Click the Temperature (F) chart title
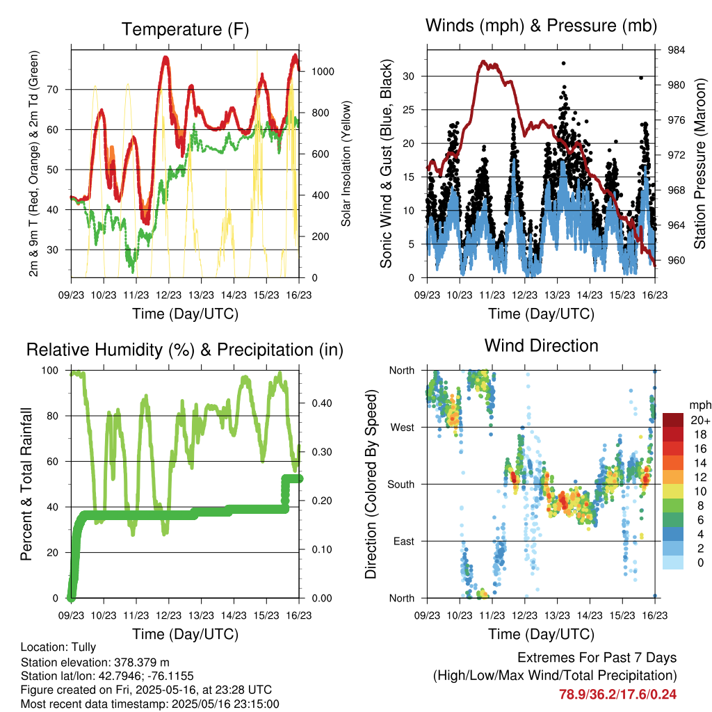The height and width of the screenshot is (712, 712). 185,29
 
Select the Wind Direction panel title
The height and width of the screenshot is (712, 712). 541,346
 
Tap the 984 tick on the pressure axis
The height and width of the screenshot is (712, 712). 676,50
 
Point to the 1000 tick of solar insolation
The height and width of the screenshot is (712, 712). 323,72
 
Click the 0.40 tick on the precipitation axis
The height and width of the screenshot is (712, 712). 321,403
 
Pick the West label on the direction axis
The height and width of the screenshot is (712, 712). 402,428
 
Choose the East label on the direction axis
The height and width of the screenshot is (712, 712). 404,541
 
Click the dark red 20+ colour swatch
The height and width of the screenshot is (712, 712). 673,420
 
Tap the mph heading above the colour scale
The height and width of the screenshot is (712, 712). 700,405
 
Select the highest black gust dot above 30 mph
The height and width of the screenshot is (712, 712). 563,63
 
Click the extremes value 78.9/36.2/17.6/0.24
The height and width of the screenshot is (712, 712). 617,695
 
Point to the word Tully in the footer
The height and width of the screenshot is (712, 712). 83,647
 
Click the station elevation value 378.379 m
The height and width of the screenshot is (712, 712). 140,662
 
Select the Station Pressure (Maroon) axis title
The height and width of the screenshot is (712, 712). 699,163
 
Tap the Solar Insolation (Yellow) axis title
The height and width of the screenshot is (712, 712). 346,163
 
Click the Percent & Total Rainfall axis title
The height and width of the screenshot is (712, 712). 26,484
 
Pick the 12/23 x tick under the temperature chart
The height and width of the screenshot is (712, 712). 168,295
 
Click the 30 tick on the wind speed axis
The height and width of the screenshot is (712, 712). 409,76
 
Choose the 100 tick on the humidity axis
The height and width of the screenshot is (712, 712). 50,371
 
